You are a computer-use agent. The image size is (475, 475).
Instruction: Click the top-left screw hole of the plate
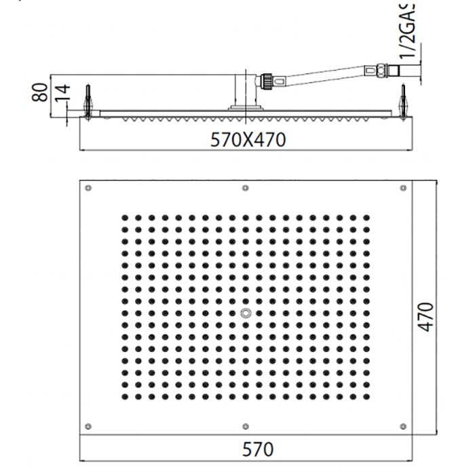click(x=88, y=188)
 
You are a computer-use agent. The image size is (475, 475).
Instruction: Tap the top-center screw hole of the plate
click(x=245, y=188)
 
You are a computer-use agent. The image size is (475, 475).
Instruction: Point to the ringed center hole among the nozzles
click(x=245, y=313)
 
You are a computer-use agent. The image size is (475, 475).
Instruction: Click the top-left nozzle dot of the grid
click(x=125, y=218)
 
